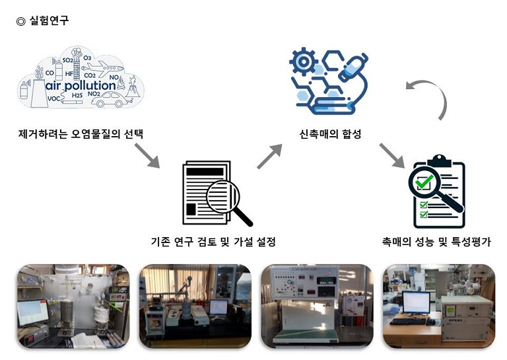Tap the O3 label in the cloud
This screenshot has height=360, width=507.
pyautogui.click(x=86, y=57)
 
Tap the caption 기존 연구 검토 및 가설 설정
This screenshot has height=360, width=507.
pyautogui.click(x=213, y=242)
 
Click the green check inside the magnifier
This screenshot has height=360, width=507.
pyautogui.click(x=426, y=179)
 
